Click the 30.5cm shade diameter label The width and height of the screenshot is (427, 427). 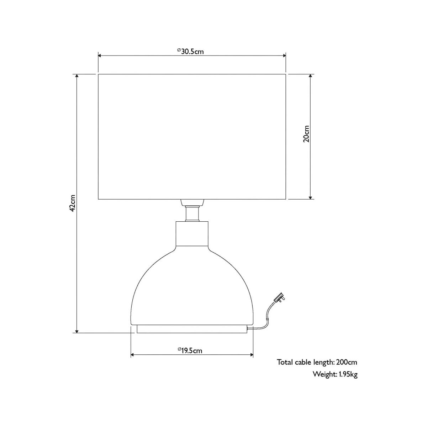[x=191, y=51]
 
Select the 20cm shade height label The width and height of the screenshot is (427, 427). [x=306, y=134]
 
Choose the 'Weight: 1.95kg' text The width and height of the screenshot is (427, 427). [x=335, y=380]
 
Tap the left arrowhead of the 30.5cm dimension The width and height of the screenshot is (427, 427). [x=100, y=56]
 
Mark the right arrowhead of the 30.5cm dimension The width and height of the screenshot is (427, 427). [x=284, y=56]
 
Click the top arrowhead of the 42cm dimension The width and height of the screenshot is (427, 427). [x=77, y=76]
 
